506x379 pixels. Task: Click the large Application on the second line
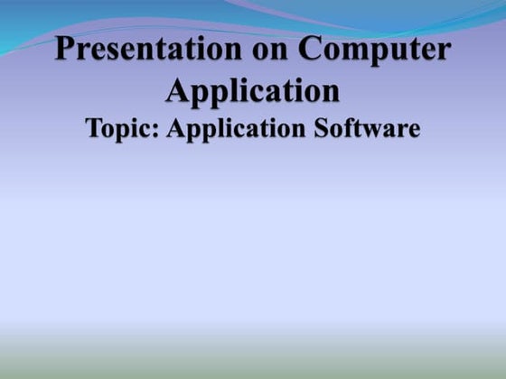click(252, 90)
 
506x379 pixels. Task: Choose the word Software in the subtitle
click(372, 128)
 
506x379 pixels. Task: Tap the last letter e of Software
click(413, 131)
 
